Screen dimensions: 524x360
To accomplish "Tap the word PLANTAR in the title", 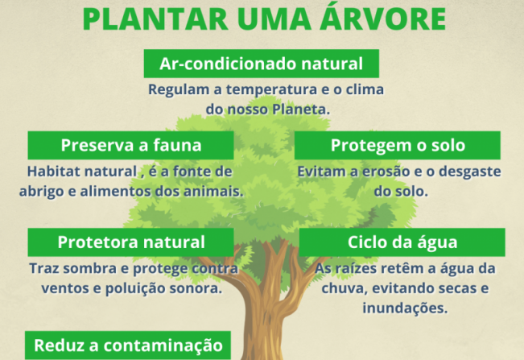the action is [155, 19].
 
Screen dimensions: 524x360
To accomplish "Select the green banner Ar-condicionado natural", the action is [262, 64].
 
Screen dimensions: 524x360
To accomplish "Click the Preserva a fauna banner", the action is [130, 145].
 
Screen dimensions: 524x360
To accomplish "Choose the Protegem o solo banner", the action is [398, 145].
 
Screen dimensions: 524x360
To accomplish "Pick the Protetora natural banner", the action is [130, 242].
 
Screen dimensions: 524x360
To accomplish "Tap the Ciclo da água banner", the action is [402, 242].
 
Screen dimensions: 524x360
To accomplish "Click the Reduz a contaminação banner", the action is [128, 346].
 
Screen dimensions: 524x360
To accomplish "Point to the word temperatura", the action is [272, 89].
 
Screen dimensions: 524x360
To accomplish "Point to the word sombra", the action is [85, 268].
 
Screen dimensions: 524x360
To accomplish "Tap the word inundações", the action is [405, 308].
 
